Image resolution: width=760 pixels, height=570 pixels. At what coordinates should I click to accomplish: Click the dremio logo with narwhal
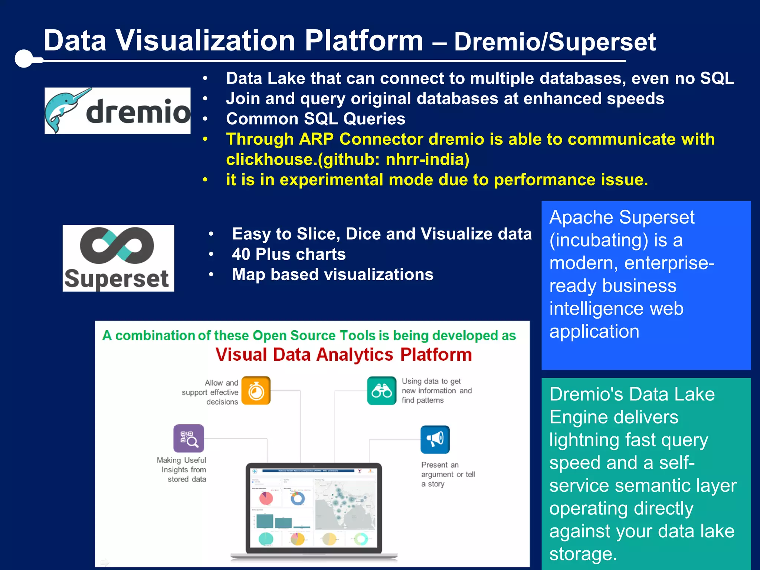(x=117, y=111)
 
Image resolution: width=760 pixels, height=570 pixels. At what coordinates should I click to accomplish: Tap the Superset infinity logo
(x=118, y=258)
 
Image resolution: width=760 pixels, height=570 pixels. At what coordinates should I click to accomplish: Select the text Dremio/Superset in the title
(x=555, y=42)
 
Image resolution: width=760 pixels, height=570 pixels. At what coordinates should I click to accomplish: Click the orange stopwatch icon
(x=256, y=390)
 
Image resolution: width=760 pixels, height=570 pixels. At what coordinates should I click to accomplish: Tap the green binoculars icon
(x=381, y=391)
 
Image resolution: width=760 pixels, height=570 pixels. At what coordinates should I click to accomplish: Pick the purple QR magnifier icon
(x=189, y=438)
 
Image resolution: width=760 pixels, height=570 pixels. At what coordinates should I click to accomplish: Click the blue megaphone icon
(x=435, y=439)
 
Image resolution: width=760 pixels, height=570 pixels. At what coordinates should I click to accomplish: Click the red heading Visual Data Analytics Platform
(x=344, y=354)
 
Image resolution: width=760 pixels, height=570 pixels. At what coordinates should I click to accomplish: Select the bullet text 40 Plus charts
(x=289, y=254)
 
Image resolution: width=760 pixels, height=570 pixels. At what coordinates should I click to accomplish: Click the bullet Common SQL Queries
(x=315, y=119)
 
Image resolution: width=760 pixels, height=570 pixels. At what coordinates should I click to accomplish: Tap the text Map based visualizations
(x=332, y=275)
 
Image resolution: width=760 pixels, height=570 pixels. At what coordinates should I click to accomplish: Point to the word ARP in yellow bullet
(x=316, y=139)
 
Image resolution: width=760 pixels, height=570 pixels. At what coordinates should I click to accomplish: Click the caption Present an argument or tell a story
(x=448, y=474)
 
